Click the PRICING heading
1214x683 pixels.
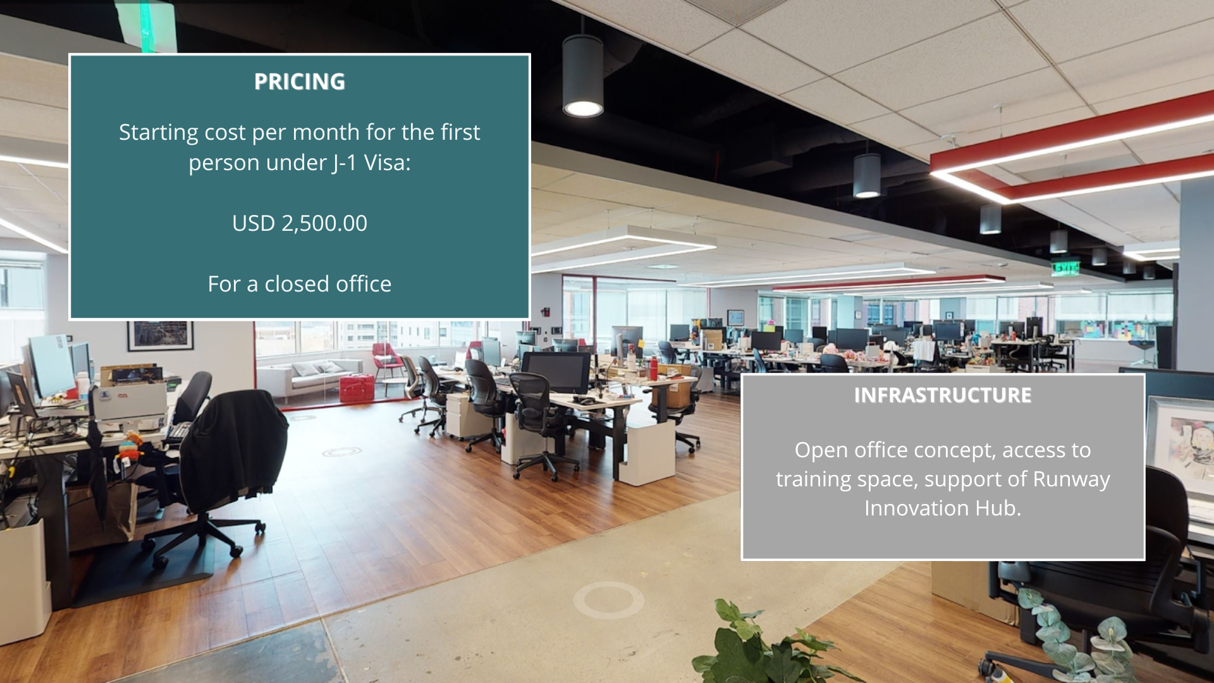300,82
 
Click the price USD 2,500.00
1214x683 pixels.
300,223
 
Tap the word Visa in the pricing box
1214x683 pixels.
387,163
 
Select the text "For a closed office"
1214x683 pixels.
300,284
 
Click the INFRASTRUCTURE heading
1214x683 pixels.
943,395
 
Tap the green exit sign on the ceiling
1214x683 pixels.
1065,269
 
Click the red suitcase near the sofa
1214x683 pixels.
357,388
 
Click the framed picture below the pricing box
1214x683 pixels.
160,336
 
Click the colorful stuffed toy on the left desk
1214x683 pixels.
130,446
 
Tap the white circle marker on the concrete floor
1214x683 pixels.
609,600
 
